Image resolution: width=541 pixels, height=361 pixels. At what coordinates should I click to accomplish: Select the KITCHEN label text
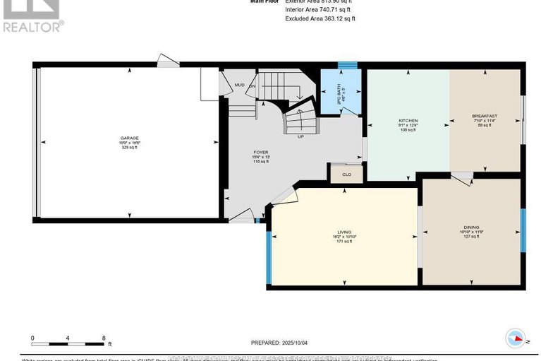click(408, 121)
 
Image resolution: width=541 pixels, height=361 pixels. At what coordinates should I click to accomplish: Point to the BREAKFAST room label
click(485, 116)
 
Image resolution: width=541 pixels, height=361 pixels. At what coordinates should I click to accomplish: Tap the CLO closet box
click(346, 173)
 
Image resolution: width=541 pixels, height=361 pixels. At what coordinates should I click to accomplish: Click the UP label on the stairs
click(301, 136)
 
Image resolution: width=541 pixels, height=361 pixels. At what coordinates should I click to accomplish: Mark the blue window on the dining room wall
click(523, 230)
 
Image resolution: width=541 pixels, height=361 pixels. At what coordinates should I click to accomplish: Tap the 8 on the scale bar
click(104, 338)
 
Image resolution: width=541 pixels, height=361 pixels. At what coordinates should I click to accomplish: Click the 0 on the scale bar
click(32, 338)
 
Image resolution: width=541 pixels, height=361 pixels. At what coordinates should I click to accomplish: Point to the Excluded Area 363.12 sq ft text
click(320, 19)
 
